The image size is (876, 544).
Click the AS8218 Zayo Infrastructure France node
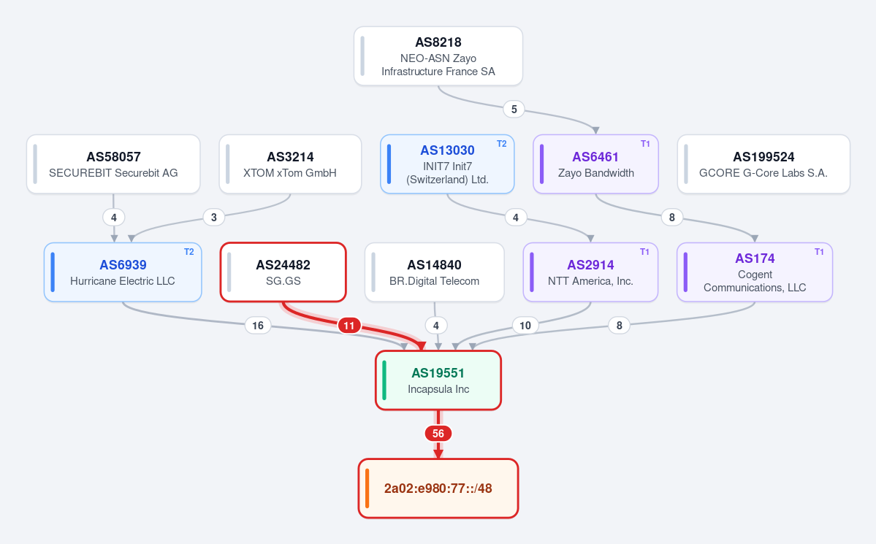pyautogui.click(x=438, y=55)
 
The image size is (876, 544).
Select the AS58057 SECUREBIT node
pyautogui.click(x=113, y=164)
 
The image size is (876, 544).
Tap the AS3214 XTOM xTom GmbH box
pyautogui.click(x=290, y=164)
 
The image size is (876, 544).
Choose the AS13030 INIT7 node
pyautogui.click(x=447, y=164)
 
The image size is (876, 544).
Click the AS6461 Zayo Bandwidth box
pyautogui.click(x=595, y=164)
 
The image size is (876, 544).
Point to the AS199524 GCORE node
pyautogui.click(x=763, y=164)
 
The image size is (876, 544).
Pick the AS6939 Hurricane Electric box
pyautogui.click(x=123, y=272)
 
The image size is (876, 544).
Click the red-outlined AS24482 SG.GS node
pyautogui.click(x=283, y=272)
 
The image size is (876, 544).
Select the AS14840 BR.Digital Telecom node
pyautogui.click(x=434, y=272)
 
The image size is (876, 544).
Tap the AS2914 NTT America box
pyautogui.click(x=590, y=272)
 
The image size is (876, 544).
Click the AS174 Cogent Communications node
pyautogui.click(x=755, y=272)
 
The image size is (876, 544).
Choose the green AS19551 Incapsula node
pyautogui.click(x=438, y=380)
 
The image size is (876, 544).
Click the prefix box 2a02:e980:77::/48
pyautogui.click(x=438, y=489)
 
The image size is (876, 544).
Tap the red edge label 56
pyautogui.click(x=438, y=434)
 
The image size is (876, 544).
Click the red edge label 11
pyautogui.click(x=349, y=326)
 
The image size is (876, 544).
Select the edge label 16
pyautogui.click(x=258, y=326)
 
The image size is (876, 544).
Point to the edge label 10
pyautogui.click(x=525, y=326)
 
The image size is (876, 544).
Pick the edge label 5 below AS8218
pyautogui.click(x=514, y=109)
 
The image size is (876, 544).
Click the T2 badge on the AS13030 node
pyautogui.click(x=502, y=144)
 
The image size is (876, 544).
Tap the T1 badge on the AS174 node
pyautogui.click(x=819, y=252)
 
